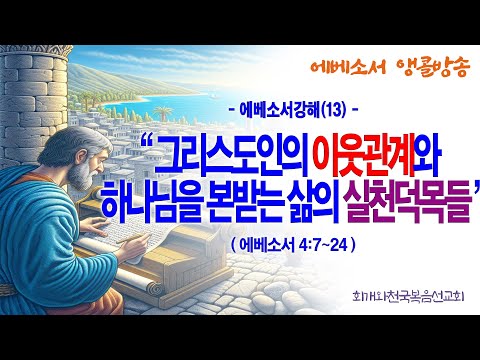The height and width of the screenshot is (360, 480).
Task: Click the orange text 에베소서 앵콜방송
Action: pyautogui.click(x=390, y=67)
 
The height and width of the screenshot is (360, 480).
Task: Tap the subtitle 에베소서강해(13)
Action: pyautogui.click(x=292, y=110)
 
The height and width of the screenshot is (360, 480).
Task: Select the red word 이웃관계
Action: pyautogui.click(x=365, y=156)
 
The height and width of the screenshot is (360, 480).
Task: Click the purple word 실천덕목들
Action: pyautogui.click(x=409, y=205)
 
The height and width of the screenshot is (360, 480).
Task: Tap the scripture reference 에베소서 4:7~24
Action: pyautogui.click(x=293, y=246)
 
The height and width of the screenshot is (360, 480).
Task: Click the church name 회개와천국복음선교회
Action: pyautogui.click(x=408, y=296)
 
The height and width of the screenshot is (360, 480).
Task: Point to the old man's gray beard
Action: pyautogui.click(x=81, y=176)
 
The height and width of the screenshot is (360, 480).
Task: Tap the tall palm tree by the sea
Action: pyautogui.click(x=163, y=113)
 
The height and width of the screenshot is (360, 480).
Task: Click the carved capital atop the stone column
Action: pyautogui.click(x=37, y=51)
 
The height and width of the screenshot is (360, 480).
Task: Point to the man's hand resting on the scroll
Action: pyautogui.click(x=95, y=226)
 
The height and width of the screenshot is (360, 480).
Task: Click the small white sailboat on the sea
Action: pyautogui.click(x=211, y=96)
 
